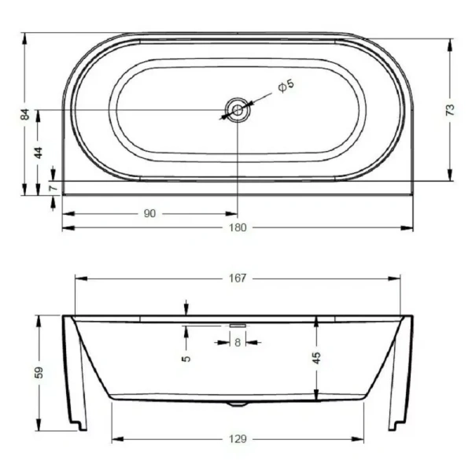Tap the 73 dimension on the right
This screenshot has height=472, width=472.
click(449, 110)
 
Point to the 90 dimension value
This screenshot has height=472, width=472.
click(150, 213)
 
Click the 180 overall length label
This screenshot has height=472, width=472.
click(238, 228)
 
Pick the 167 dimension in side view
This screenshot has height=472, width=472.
click(238, 278)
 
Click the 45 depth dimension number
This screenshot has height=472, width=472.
click(316, 357)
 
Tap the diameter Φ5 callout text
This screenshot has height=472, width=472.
click(286, 85)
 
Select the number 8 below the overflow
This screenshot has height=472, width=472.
click(238, 341)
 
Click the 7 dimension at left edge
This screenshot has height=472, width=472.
click(52, 189)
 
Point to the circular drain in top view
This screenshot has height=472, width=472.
click(237, 111)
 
